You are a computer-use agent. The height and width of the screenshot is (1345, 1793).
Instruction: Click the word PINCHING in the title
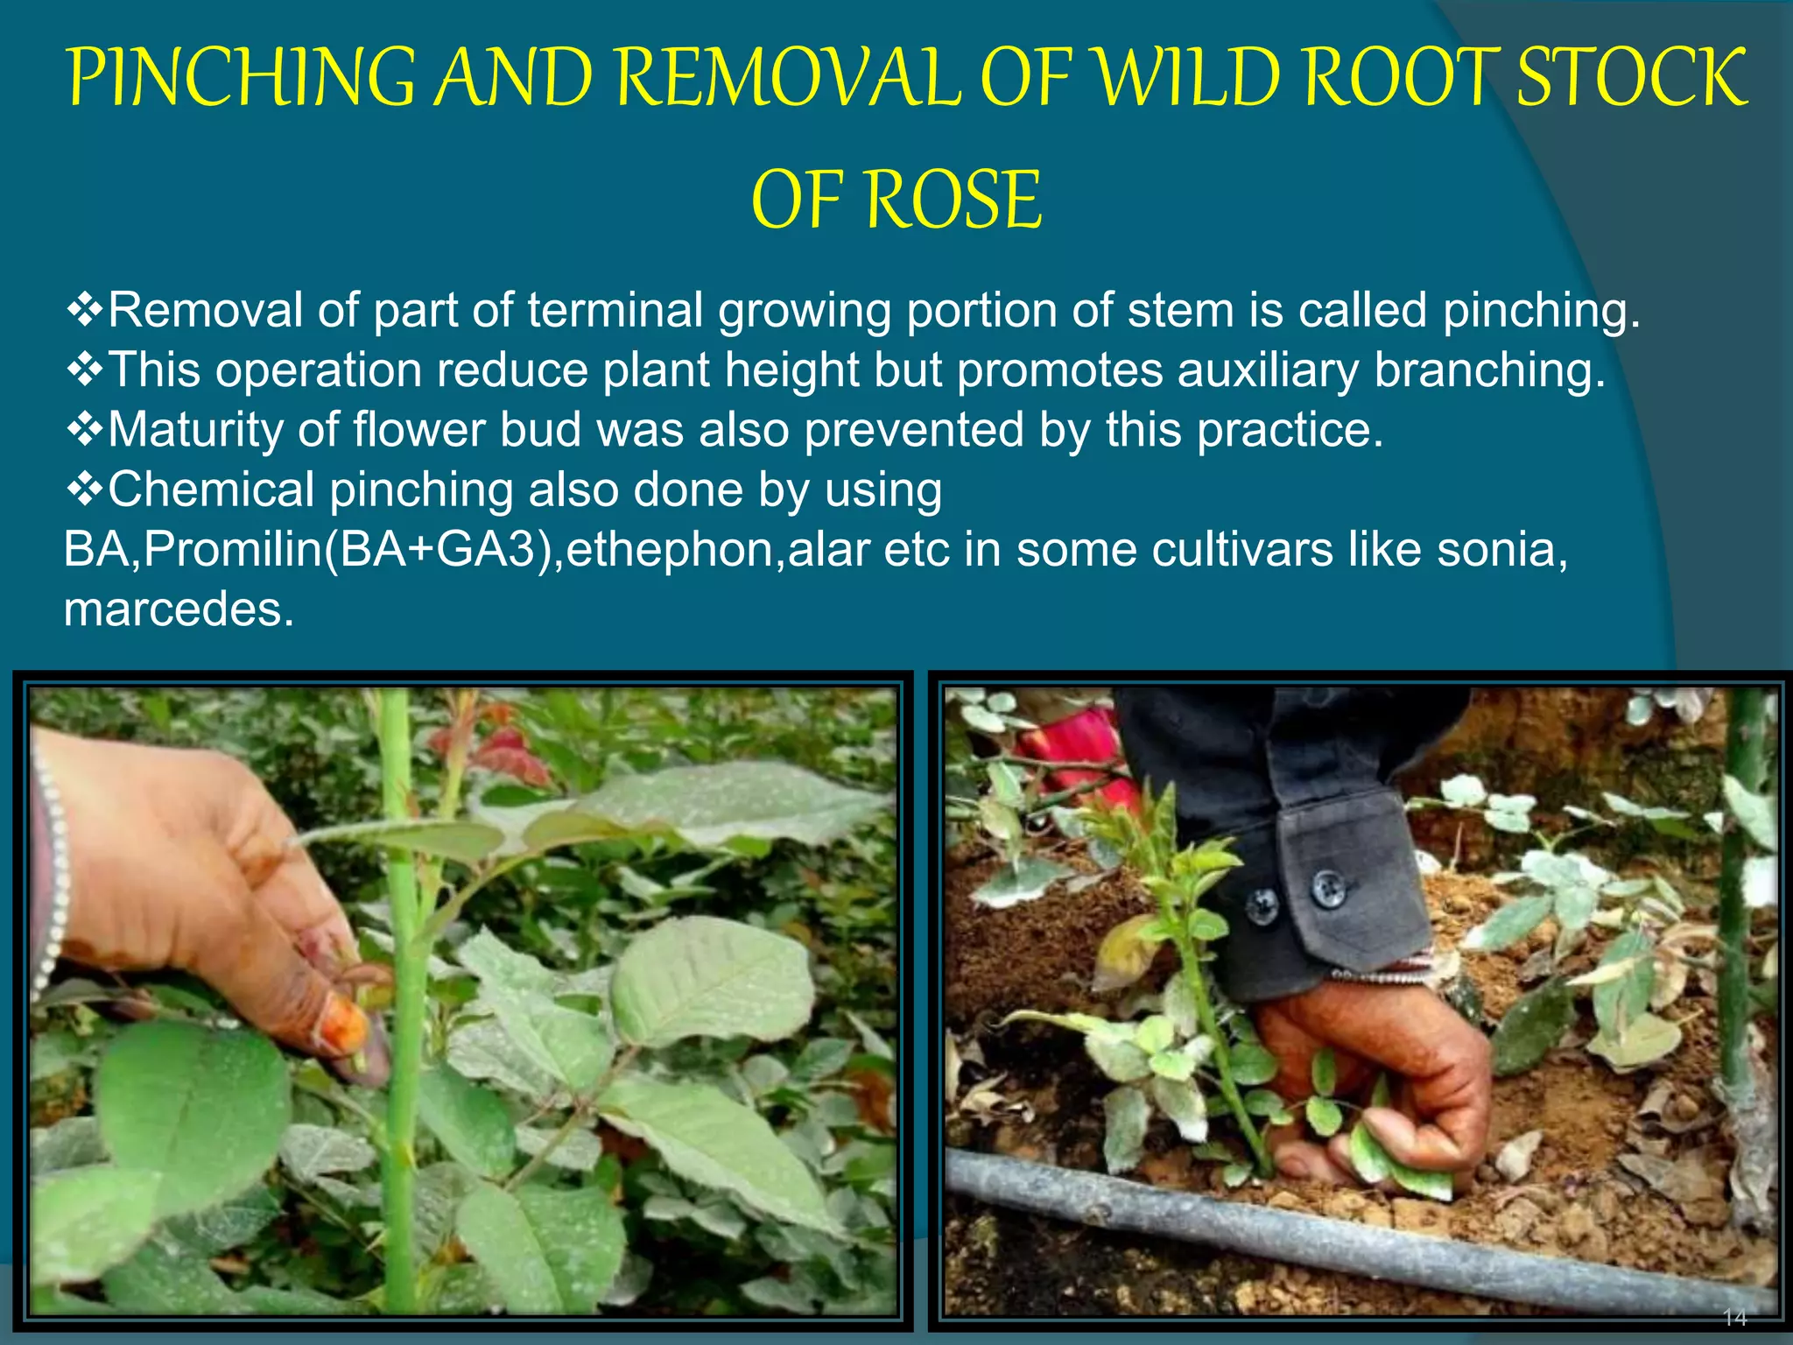pos(242,78)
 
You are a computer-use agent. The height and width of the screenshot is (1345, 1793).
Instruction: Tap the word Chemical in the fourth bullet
pos(211,489)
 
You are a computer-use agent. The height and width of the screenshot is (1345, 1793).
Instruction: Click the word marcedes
pos(179,609)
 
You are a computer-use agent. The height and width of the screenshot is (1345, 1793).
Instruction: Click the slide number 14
pos(1734,1317)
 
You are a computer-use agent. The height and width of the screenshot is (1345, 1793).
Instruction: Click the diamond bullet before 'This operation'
pos(85,370)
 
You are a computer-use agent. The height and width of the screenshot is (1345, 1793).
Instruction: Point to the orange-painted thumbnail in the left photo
pos(345,1024)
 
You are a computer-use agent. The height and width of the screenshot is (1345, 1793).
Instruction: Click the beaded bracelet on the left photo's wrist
pos(53,876)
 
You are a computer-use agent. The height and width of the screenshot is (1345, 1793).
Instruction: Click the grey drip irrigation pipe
pos(1357,1226)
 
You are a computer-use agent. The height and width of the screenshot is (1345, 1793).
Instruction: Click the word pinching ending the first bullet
pos(1540,312)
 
